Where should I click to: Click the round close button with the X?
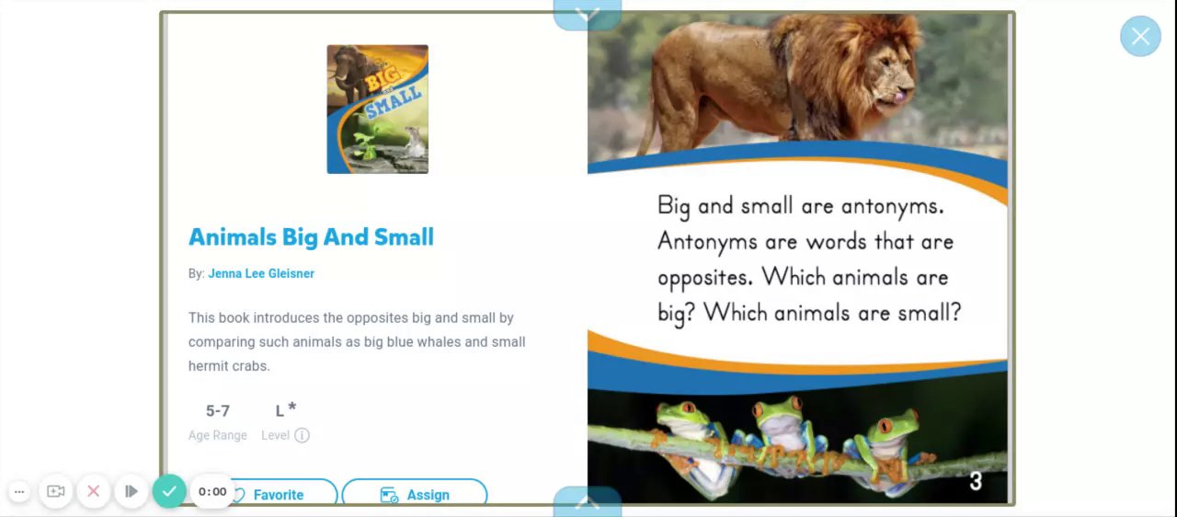(x=1140, y=36)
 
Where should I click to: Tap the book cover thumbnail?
(x=377, y=109)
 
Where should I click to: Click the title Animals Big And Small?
(x=311, y=237)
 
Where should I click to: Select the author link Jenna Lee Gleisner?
(x=261, y=274)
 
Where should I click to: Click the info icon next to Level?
(x=303, y=435)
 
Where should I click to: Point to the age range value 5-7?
(x=218, y=411)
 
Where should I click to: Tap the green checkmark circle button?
(x=169, y=491)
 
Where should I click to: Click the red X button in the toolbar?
(x=94, y=491)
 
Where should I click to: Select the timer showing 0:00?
(x=212, y=492)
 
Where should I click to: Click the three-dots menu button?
(x=19, y=492)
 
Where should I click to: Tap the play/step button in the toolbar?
(x=131, y=491)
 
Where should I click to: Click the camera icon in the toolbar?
(x=56, y=491)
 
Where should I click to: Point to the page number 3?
(x=976, y=481)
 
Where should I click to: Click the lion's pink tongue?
(x=900, y=97)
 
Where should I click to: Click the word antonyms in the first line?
(x=892, y=206)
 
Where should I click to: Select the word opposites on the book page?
(x=705, y=278)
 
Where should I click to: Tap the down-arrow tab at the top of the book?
(x=588, y=15)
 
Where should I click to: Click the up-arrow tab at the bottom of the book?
(x=588, y=501)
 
